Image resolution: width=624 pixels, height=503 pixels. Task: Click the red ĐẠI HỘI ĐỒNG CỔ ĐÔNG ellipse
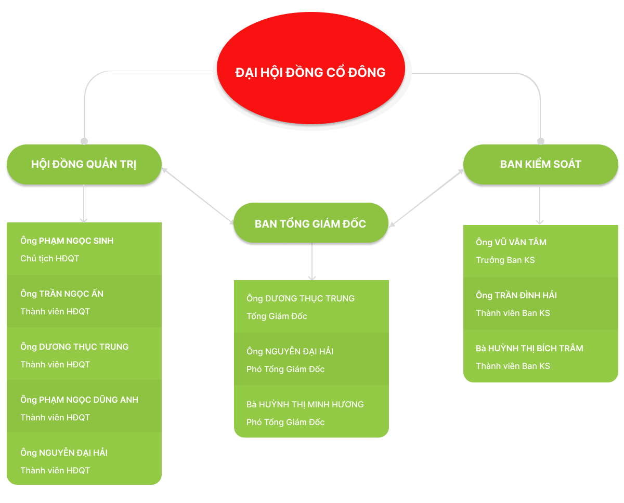pos(310,69)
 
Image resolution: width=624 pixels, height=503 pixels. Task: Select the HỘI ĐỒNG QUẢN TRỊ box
pos(84,164)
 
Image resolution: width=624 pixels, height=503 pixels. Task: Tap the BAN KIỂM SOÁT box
pos(540,164)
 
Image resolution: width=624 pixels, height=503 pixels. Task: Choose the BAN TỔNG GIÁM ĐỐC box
pos(310,222)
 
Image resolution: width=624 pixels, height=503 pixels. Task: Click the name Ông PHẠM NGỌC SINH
pos(67,241)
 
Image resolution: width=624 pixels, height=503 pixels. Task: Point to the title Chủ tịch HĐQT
pos(49,258)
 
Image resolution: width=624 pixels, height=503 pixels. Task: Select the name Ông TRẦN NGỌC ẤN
pos(62,294)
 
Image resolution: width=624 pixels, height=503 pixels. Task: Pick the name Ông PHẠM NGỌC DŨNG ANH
pos(79,400)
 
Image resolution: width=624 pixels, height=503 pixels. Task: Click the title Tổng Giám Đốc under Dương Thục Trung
pos(277,316)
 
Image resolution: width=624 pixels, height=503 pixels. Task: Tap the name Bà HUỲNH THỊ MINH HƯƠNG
pos(305,404)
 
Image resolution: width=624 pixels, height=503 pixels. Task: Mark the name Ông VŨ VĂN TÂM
pos(511,242)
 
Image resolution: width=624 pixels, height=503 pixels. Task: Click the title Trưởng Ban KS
pos(505,260)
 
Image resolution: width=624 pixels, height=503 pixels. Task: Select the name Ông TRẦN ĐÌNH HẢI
pos(516,295)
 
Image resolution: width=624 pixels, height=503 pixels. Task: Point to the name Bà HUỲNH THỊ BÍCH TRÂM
pos(529,348)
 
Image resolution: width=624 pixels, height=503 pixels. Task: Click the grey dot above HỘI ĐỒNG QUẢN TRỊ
pos(84,141)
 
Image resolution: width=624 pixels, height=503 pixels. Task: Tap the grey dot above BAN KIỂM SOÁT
pos(540,141)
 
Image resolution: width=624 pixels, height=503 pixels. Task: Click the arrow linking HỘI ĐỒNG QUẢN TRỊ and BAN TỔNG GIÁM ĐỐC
pos(198,196)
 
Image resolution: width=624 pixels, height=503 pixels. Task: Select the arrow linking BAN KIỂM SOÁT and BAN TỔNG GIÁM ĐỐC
pos(426,198)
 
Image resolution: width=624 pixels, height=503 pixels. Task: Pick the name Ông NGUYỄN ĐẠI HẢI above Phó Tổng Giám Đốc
pos(290,351)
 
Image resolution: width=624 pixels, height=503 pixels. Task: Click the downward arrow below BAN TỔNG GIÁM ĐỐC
pos(311,261)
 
